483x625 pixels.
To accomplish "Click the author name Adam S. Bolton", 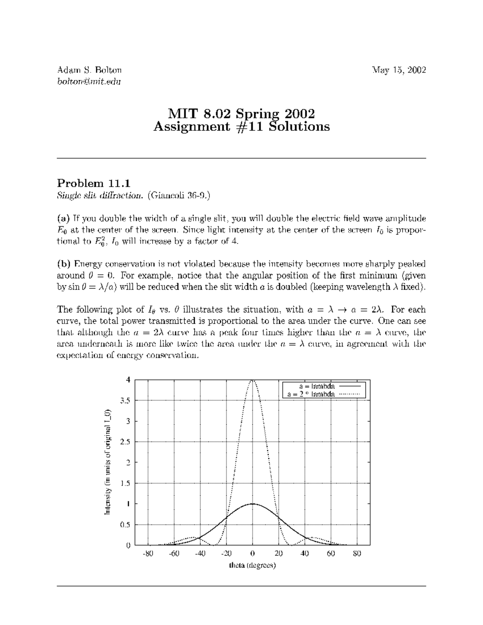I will click(x=89, y=70).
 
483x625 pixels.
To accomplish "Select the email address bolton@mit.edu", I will click(x=89, y=81).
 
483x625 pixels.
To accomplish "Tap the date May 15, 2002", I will click(x=399, y=70).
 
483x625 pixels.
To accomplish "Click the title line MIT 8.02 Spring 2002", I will click(x=241, y=113).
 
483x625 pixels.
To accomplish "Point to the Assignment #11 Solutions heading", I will click(x=242, y=127).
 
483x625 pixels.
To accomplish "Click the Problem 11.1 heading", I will click(x=94, y=184).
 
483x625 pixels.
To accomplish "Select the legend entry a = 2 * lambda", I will click(x=311, y=394).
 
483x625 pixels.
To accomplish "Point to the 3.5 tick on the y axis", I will click(x=126, y=400).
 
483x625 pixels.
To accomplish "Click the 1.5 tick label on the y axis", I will click(x=126, y=483).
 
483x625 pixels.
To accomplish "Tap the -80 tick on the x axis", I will click(x=148, y=554).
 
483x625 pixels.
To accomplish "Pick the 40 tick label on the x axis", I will click(x=305, y=554).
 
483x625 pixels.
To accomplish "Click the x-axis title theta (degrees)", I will click(x=252, y=565).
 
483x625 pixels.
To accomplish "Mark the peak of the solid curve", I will click(x=252, y=503).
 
